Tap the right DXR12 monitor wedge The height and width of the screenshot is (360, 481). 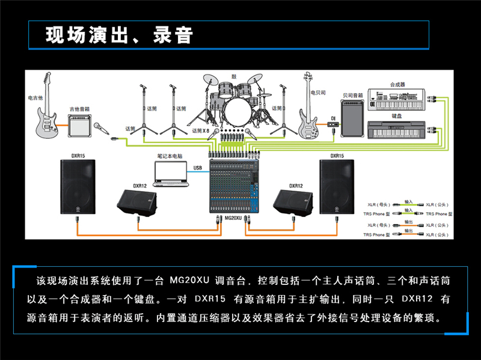[291, 202]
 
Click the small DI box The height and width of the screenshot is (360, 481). [331, 126]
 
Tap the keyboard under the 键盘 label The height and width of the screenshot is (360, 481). [397, 129]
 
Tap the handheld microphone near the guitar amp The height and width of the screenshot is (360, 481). [100, 128]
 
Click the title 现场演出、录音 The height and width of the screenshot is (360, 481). [119, 35]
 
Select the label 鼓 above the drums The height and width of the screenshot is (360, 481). [234, 76]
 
